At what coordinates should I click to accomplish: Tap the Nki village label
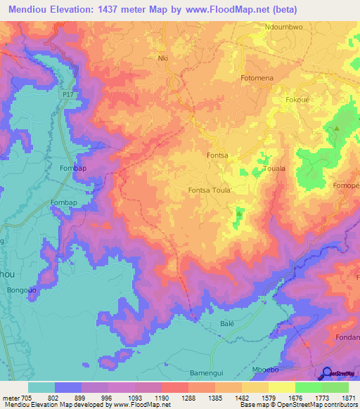point(164,58)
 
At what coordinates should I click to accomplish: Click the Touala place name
point(274,169)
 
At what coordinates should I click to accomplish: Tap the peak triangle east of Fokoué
point(336,129)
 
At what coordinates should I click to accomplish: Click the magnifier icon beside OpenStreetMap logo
point(326,372)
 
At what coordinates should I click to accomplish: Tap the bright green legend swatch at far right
point(335,387)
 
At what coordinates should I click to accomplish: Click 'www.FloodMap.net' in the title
point(220,10)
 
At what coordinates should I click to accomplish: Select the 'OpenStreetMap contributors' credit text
point(309,405)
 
